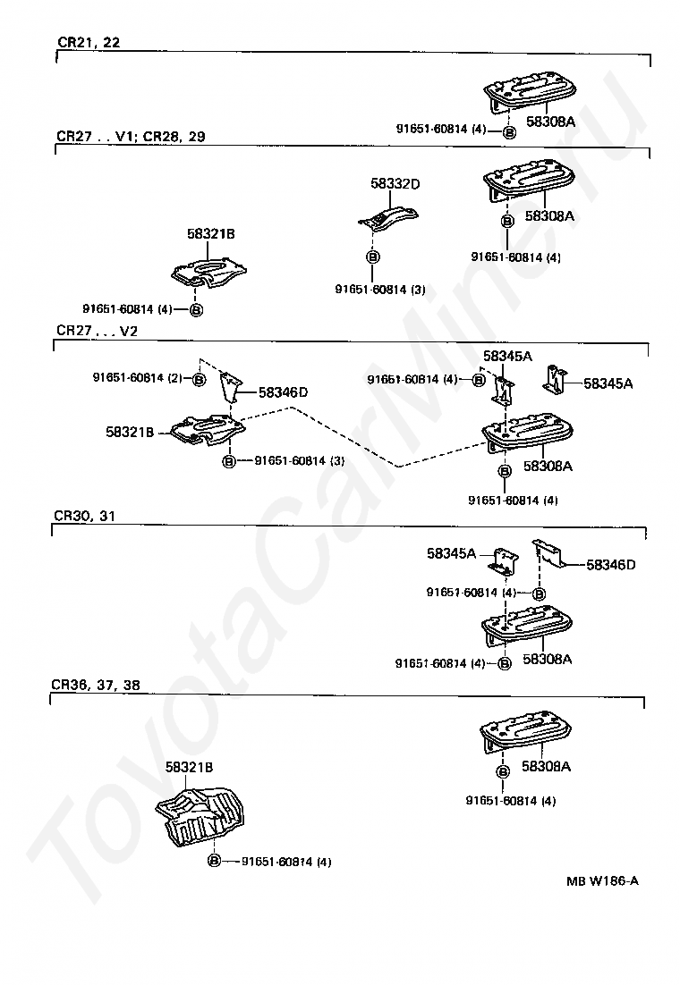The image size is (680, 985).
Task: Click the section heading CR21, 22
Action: tap(89, 43)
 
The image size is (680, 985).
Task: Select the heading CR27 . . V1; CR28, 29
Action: tap(131, 137)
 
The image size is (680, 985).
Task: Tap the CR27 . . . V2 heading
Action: tap(97, 331)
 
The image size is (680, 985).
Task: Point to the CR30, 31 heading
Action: tap(84, 516)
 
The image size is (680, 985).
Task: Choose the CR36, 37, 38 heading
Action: tap(96, 685)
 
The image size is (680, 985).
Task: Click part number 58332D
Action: tap(395, 183)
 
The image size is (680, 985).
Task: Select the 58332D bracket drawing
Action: tap(387, 218)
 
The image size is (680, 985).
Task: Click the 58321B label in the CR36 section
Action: tap(190, 767)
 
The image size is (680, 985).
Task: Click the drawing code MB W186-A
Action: tap(602, 880)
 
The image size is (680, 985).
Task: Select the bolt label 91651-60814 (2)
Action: tap(137, 377)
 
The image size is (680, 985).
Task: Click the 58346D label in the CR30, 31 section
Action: tap(611, 564)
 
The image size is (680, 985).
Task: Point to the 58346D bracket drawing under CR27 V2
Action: tap(230, 388)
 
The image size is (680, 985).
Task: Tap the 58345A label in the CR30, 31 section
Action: tap(451, 553)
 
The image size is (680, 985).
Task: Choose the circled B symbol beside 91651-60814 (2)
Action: tap(199, 379)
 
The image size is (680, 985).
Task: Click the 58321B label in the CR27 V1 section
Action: tap(211, 233)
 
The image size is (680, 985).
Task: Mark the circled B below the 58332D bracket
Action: tap(372, 257)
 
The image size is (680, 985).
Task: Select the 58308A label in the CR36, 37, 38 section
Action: tap(546, 766)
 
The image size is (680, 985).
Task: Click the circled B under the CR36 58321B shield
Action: tap(214, 861)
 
